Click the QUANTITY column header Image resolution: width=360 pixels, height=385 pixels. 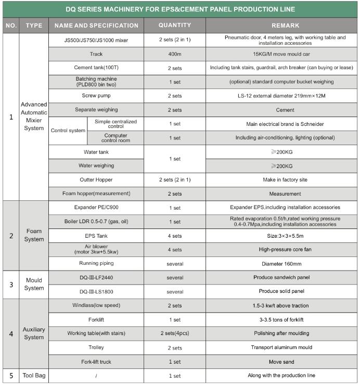pos(174,25)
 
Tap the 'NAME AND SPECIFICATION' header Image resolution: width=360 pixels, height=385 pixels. pos(96,25)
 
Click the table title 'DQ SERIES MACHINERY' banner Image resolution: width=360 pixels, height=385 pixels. pos(180,9)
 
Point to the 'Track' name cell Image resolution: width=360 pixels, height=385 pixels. pos(96,54)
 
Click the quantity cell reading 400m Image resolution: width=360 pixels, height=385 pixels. pos(174,54)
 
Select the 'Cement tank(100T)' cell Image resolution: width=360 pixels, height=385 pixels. pos(96,68)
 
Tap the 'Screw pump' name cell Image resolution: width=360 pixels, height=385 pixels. pos(96,96)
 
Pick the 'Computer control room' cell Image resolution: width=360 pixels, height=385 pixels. pos(115,138)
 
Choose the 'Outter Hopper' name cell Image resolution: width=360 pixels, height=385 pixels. pos(96,179)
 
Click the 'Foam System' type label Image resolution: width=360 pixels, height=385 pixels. pos(34,235)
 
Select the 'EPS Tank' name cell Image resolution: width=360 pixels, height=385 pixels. pos(96,236)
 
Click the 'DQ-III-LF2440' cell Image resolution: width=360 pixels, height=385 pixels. pos(96,278)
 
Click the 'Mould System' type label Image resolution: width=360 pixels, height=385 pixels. pos(34,285)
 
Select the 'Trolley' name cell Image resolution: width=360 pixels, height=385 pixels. pos(96,348)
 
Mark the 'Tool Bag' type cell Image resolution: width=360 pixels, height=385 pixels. pos(34,376)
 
